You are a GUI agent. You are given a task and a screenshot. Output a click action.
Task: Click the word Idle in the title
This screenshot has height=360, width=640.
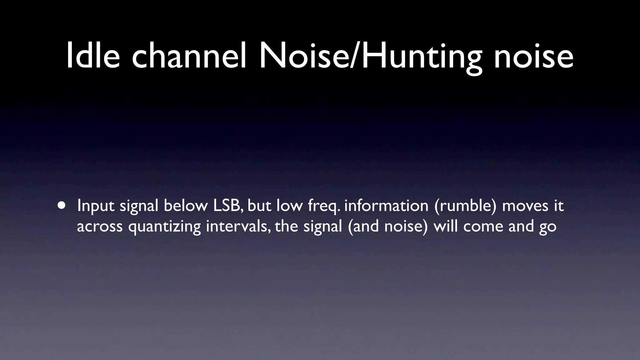coord(93,56)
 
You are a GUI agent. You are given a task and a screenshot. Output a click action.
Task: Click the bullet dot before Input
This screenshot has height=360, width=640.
coord(62,206)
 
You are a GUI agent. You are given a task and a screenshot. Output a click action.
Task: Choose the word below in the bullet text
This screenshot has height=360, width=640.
coord(185,206)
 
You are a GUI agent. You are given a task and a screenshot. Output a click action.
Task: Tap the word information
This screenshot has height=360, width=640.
coord(386,206)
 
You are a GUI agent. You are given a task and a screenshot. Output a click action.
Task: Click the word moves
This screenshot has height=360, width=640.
coord(525,206)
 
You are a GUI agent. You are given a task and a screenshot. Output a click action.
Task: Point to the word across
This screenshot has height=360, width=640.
coord(100,226)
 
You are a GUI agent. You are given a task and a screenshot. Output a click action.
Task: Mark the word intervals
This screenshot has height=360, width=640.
coord(239,226)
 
